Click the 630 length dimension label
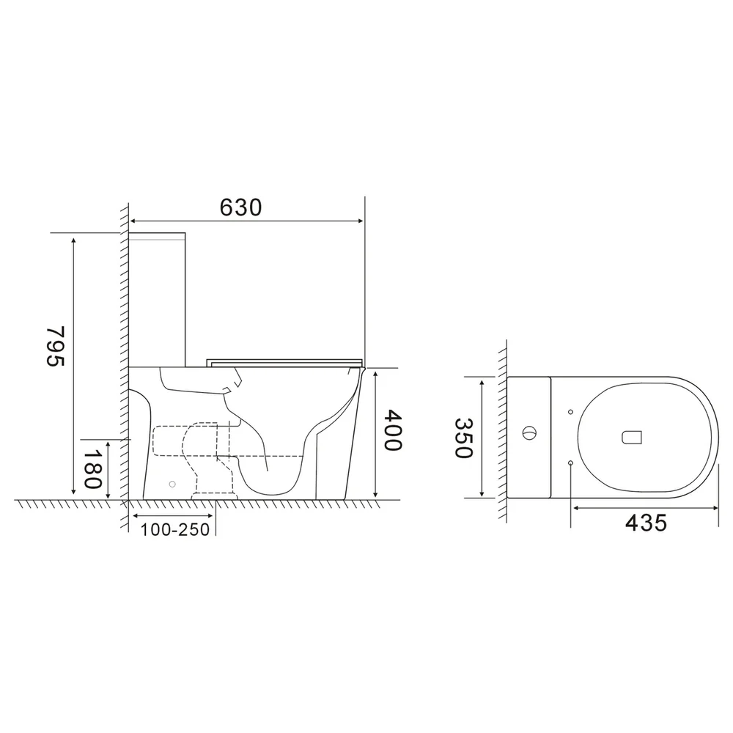(x=240, y=207)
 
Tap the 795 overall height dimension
(x=56, y=346)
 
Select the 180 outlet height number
(x=92, y=469)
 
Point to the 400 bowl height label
(x=392, y=430)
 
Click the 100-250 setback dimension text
(x=175, y=530)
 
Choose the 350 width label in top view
(x=464, y=438)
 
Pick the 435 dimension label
(x=646, y=523)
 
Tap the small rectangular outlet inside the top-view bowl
(x=631, y=437)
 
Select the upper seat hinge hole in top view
(x=570, y=412)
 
